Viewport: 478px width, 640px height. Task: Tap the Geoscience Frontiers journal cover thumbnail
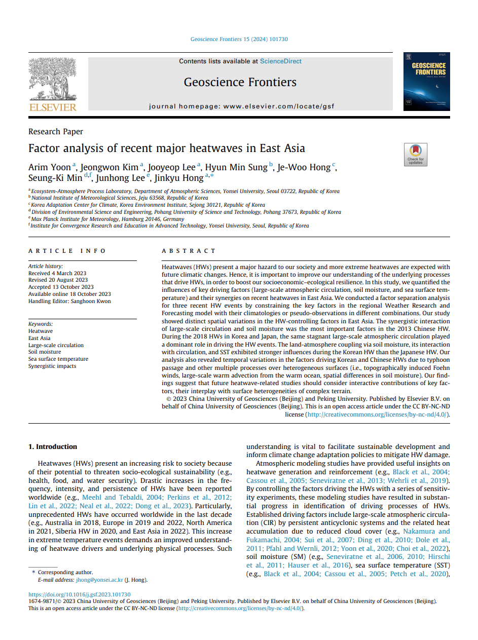click(426, 82)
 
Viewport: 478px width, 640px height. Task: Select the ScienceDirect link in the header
click(280, 61)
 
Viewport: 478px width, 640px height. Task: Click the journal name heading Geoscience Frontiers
click(240, 82)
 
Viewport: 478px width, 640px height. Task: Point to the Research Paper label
click(56, 132)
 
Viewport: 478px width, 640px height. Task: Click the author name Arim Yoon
click(49, 167)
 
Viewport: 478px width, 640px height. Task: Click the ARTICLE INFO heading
click(67, 251)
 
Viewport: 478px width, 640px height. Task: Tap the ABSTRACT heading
click(189, 251)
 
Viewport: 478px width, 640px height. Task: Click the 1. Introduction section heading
click(53, 446)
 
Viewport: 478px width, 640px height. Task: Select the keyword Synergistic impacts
click(53, 366)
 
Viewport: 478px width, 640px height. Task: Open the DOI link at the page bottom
click(79, 594)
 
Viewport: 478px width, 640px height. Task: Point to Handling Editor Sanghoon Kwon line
click(69, 301)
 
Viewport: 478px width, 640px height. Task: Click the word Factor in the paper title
click(44, 148)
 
